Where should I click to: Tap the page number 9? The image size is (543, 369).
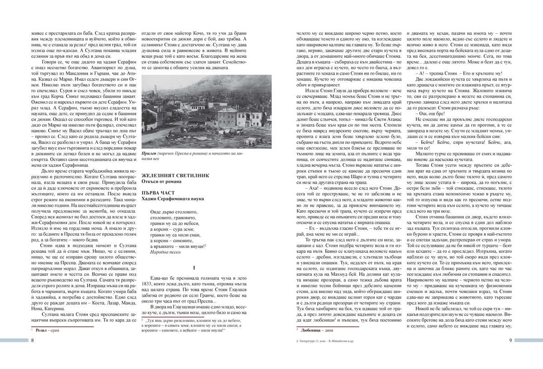(x=510, y=341)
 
